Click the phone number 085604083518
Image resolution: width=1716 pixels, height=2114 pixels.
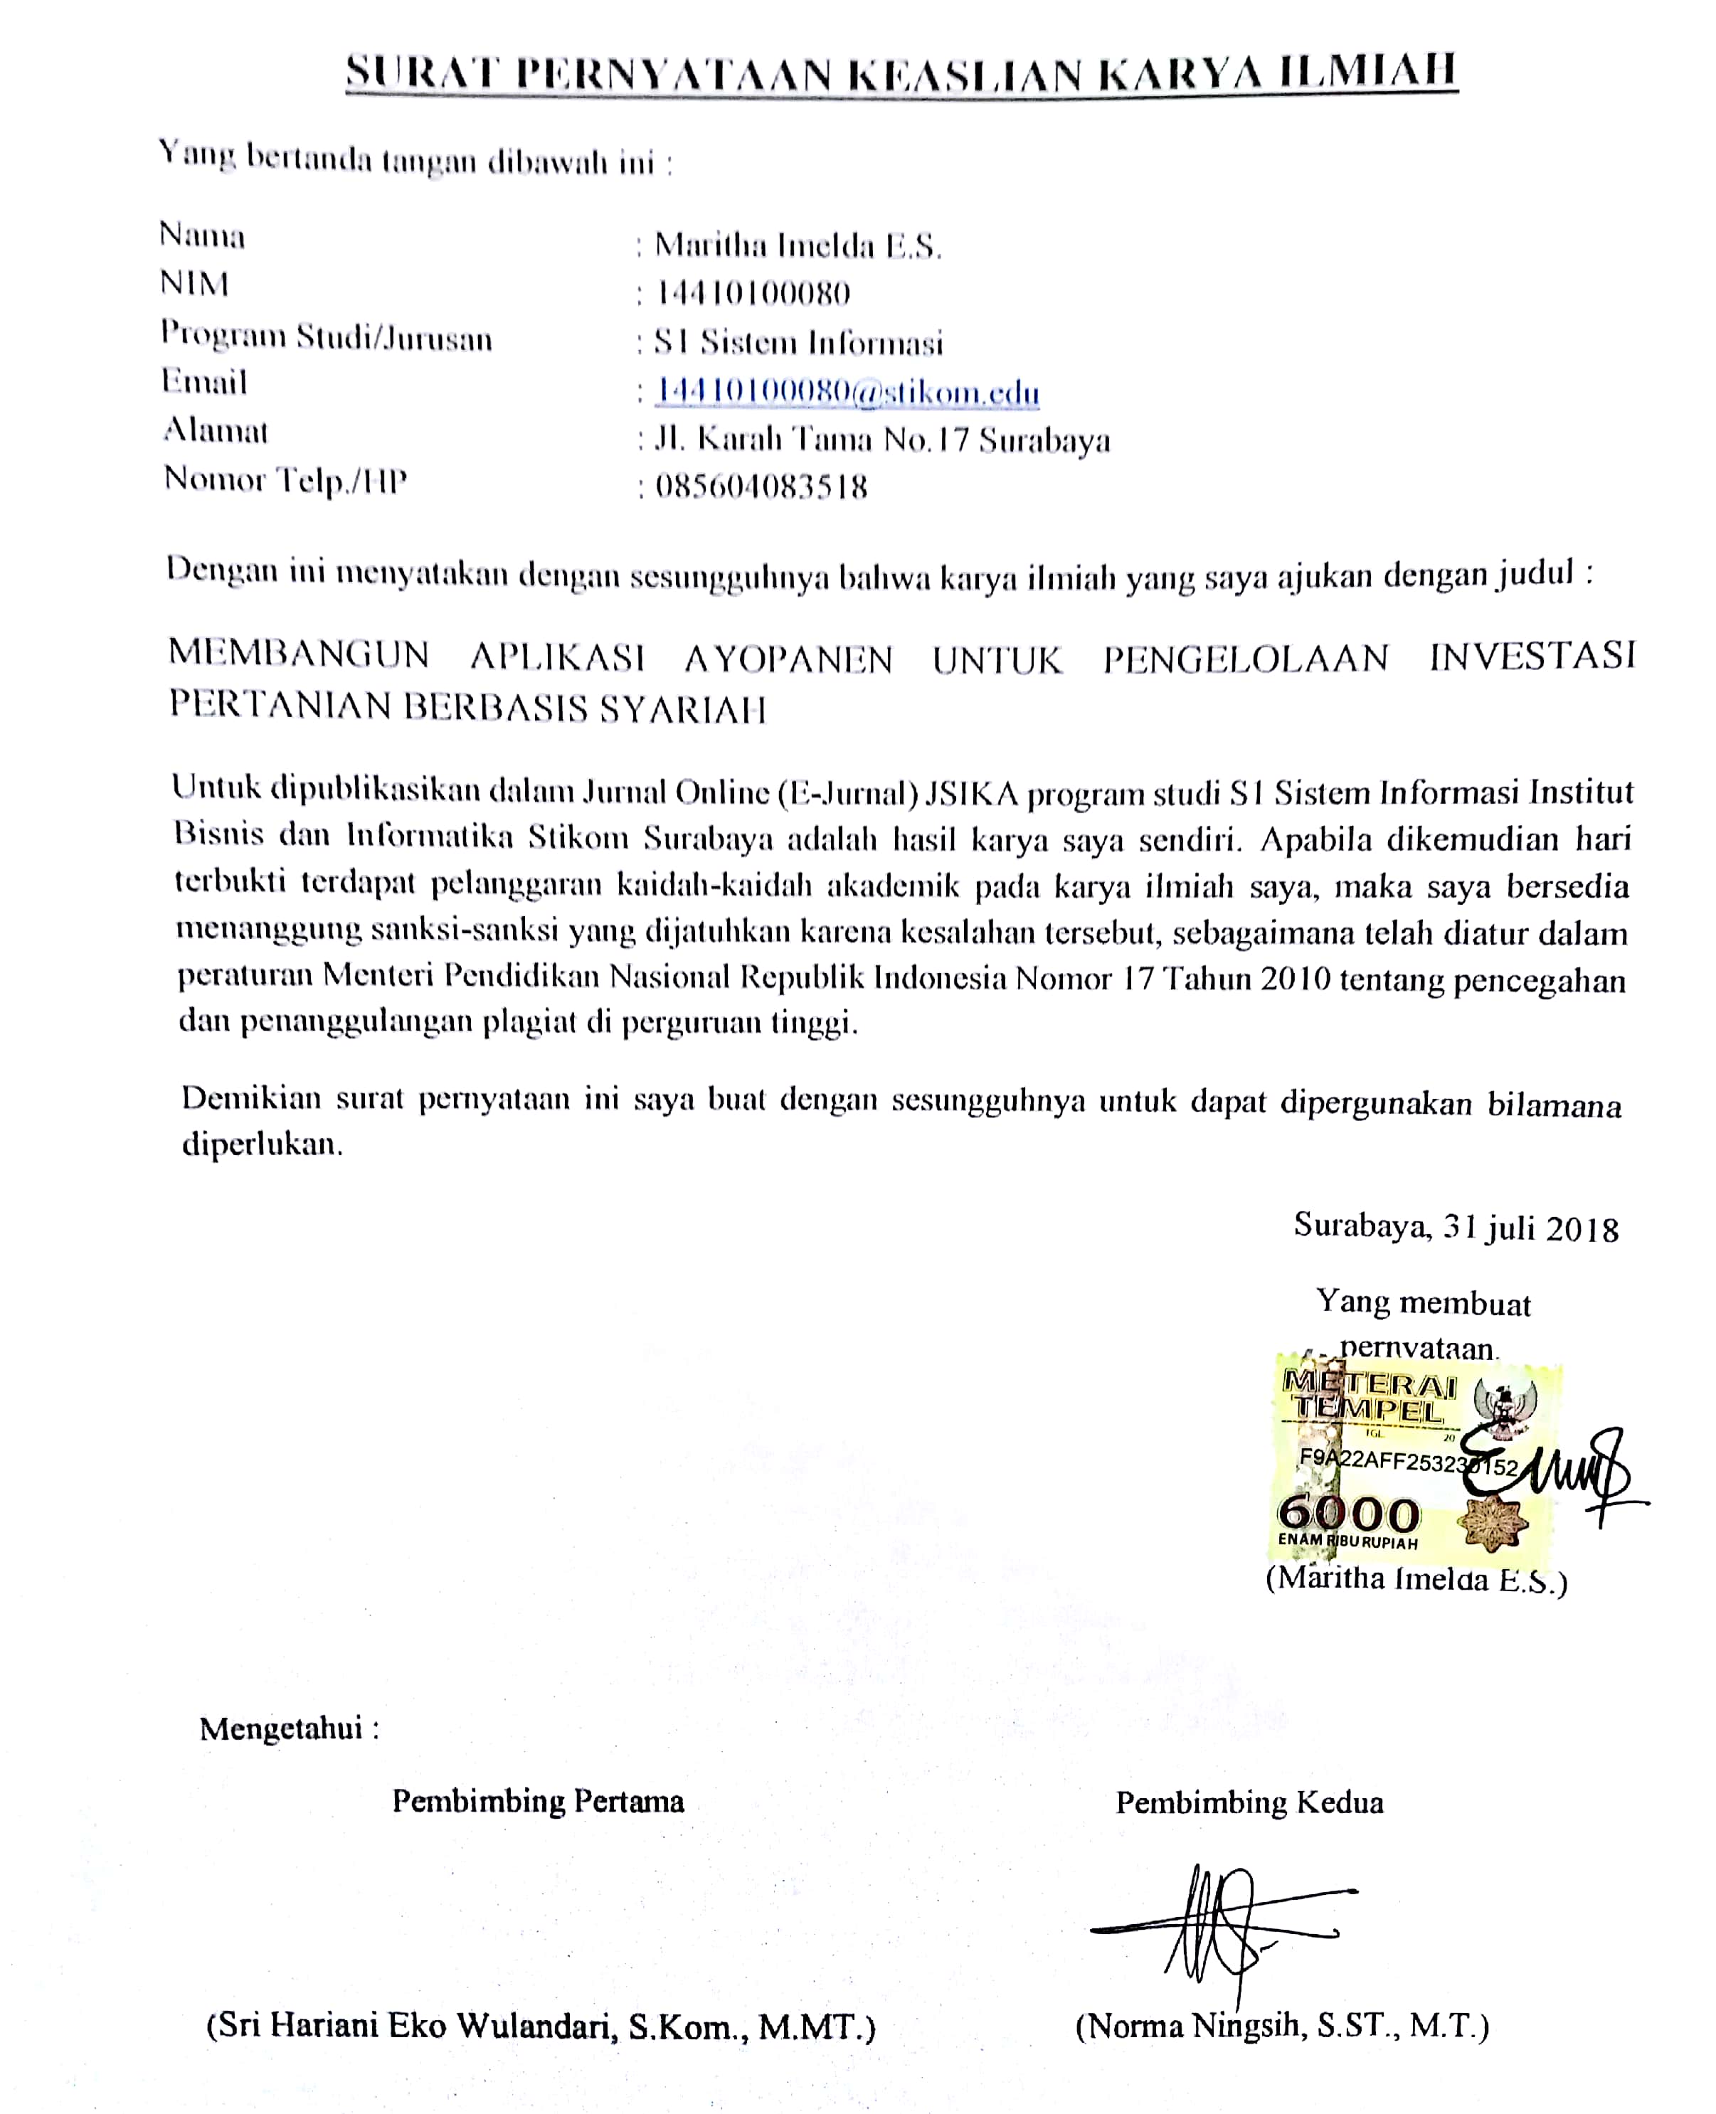click(761, 487)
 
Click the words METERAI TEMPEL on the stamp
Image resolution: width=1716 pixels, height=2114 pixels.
click(1369, 1396)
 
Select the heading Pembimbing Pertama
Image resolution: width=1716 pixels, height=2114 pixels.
click(538, 1801)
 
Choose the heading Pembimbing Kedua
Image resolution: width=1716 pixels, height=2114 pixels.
click(1249, 1802)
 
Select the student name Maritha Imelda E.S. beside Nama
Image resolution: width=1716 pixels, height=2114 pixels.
click(798, 245)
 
